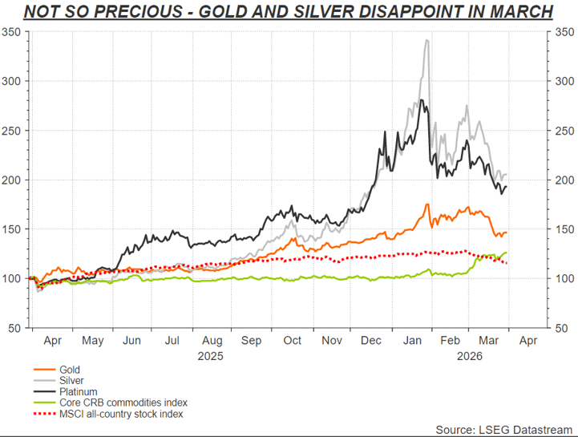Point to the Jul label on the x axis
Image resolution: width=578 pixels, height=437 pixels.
(x=172, y=341)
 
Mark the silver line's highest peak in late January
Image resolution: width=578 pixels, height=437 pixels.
(x=426, y=40)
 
